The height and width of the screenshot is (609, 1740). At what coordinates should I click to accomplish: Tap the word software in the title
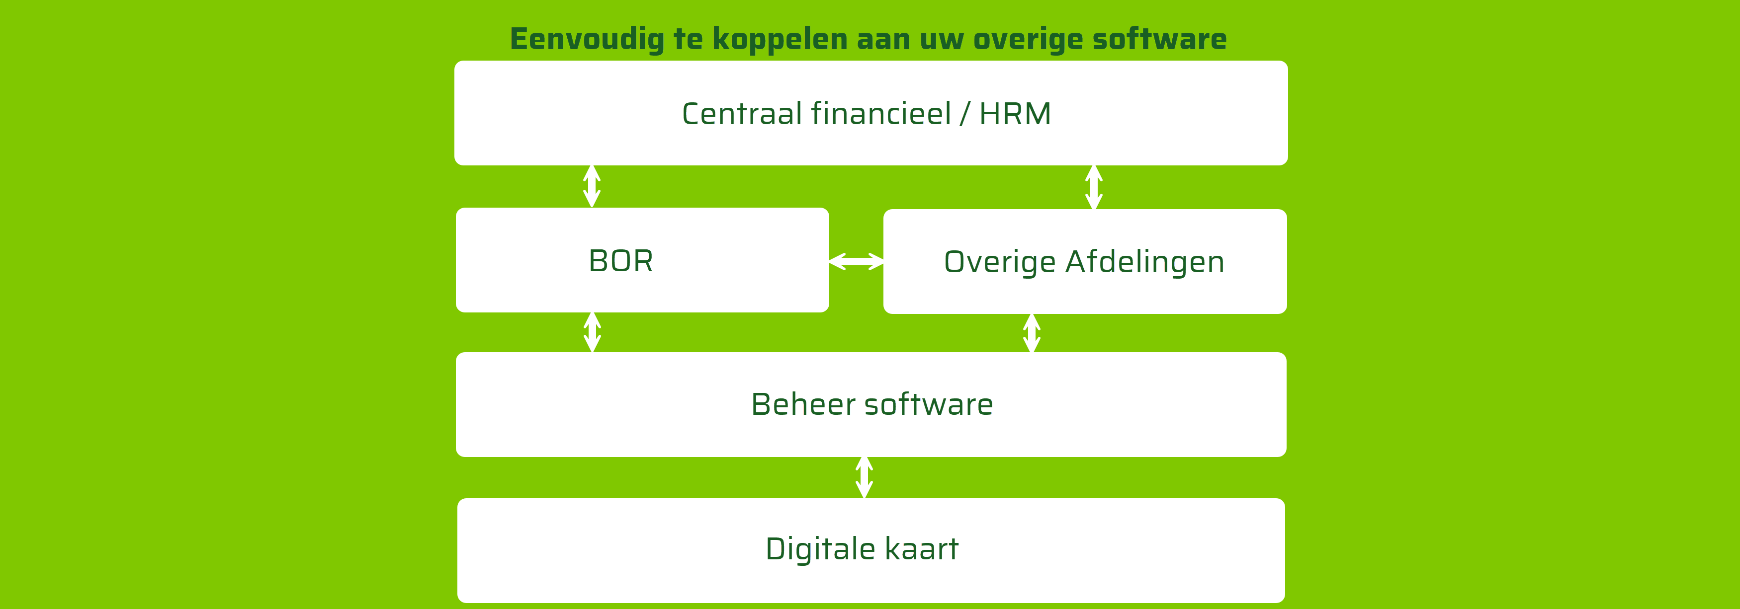[x=1159, y=39]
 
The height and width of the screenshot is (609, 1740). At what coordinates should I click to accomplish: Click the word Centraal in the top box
[x=742, y=113]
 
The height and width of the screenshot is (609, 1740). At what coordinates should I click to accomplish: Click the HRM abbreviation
[x=1015, y=113]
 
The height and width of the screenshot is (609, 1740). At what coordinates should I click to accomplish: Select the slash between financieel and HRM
[x=964, y=113]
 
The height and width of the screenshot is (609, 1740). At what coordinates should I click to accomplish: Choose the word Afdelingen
[x=1144, y=262]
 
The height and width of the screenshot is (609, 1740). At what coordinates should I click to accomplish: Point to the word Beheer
[x=803, y=404]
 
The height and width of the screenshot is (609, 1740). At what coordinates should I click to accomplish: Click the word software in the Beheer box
[x=929, y=404]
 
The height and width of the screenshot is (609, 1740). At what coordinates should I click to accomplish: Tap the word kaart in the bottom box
[x=921, y=548]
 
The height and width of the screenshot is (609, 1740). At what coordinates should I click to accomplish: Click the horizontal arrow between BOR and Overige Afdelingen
[x=856, y=261]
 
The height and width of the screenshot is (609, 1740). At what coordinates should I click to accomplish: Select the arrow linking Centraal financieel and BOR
[x=592, y=186]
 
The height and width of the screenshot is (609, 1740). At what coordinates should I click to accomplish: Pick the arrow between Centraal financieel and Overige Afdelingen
[x=1094, y=187]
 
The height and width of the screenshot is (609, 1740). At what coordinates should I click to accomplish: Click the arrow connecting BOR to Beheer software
[x=592, y=332]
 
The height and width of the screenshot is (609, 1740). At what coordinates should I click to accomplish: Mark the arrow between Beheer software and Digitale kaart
[x=864, y=477]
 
